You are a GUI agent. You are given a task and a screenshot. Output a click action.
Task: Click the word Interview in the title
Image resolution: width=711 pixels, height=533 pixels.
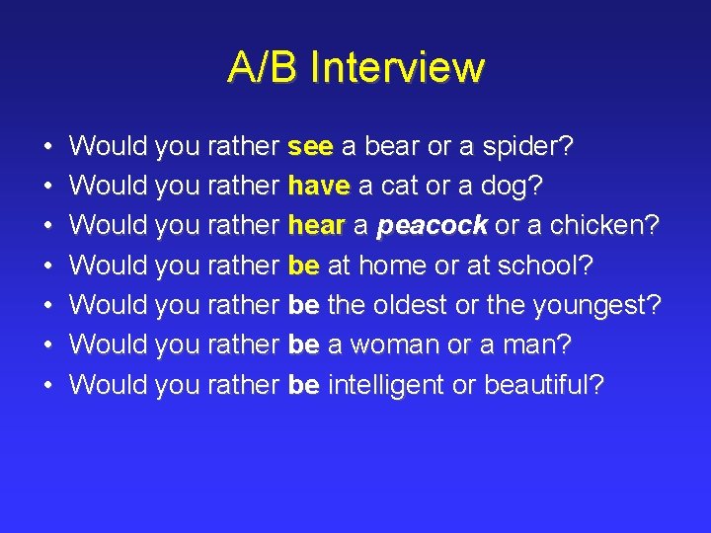coord(396,68)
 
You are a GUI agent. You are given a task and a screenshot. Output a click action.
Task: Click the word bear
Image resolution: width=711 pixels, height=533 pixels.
coord(392,147)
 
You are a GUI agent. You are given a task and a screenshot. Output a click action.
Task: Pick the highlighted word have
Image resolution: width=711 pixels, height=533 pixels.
coord(319,187)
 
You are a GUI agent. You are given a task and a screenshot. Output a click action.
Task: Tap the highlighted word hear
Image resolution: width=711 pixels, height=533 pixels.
coord(315,226)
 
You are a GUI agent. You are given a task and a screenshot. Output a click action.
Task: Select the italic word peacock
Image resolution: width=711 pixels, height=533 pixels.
coord(432,226)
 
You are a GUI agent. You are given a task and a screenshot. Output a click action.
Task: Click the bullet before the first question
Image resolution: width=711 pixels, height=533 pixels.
coord(48,148)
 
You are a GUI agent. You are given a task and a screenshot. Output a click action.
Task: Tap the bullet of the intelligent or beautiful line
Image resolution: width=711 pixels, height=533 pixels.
coord(48,385)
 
